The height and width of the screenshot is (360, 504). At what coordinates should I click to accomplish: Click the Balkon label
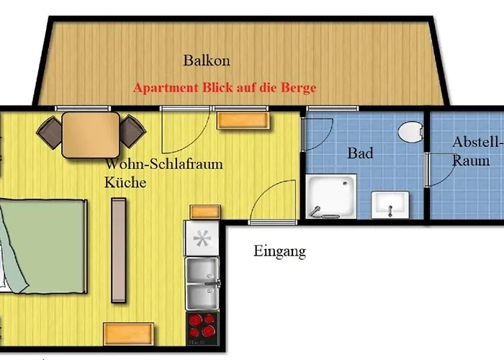[207, 60]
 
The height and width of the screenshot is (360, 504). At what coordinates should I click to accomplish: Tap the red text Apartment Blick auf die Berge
[225, 88]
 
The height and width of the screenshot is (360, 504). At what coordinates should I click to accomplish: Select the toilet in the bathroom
[410, 132]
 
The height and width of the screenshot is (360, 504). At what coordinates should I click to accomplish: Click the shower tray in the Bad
[331, 197]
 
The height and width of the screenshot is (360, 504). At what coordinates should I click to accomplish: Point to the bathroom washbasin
[390, 204]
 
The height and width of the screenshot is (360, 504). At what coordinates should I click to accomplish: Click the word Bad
[360, 153]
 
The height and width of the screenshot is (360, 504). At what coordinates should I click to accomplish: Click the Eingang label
[279, 251]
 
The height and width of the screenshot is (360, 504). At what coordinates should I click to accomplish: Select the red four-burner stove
[202, 328]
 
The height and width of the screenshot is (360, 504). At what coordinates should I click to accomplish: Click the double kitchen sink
[202, 283]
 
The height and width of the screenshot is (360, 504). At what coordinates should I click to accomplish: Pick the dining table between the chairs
[91, 135]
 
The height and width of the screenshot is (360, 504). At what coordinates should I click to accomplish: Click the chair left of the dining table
[49, 132]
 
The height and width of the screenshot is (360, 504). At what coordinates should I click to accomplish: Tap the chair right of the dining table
[132, 132]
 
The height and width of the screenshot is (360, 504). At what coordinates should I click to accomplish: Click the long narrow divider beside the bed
[119, 250]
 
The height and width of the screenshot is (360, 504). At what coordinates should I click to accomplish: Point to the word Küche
[125, 183]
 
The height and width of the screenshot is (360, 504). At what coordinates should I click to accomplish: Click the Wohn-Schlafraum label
[164, 164]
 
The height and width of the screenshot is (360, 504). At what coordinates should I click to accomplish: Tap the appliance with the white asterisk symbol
[202, 238]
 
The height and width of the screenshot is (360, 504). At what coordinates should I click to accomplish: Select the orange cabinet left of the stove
[129, 334]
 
